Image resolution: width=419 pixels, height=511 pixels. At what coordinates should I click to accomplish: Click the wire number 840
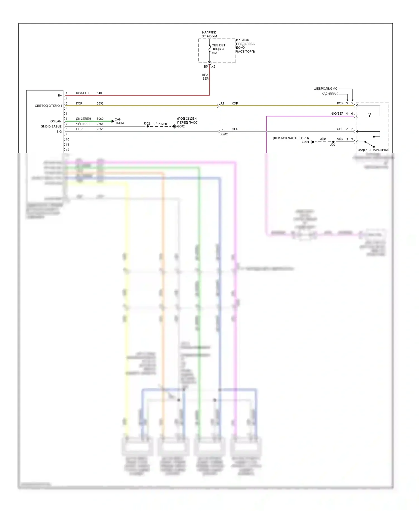99,93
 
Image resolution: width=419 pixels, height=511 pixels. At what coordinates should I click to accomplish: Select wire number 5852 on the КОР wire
100,103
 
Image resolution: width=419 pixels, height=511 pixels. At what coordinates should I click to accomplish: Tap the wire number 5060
100,119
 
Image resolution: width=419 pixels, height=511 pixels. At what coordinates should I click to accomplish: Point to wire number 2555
100,129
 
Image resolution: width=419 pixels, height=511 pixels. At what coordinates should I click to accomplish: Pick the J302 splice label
147,124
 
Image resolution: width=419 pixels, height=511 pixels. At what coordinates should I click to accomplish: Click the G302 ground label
181,126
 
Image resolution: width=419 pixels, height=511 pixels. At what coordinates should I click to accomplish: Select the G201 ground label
305,142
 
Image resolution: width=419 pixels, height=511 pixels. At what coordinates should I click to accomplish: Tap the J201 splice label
333,145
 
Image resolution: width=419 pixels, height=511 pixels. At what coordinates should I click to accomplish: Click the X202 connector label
224,134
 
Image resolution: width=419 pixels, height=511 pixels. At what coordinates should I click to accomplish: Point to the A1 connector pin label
222,103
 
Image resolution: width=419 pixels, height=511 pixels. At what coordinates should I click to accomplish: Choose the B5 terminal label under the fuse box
206,67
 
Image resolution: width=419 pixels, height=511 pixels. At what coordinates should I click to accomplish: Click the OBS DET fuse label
218,45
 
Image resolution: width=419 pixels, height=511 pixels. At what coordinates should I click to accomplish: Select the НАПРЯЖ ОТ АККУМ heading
209,34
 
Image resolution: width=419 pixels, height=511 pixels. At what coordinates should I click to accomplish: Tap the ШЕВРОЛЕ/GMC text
325,89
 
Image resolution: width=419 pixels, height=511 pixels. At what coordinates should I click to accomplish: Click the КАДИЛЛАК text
329,94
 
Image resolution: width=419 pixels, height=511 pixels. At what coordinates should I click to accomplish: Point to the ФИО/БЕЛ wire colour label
336,114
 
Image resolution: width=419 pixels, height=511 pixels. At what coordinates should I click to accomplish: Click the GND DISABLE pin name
51,126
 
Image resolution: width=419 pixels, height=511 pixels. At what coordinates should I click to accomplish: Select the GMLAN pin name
56,121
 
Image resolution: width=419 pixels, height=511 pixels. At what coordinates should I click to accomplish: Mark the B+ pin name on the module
60,96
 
